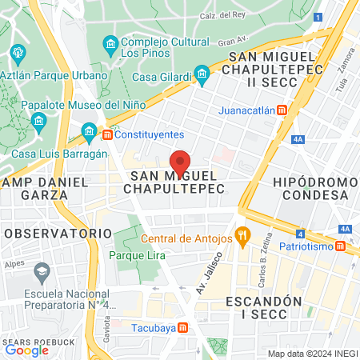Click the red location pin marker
click(x=181, y=161)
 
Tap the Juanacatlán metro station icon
click(x=282, y=111)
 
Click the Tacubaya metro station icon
click(x=183, y=326)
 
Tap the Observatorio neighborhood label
click(x=58, y=232)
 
